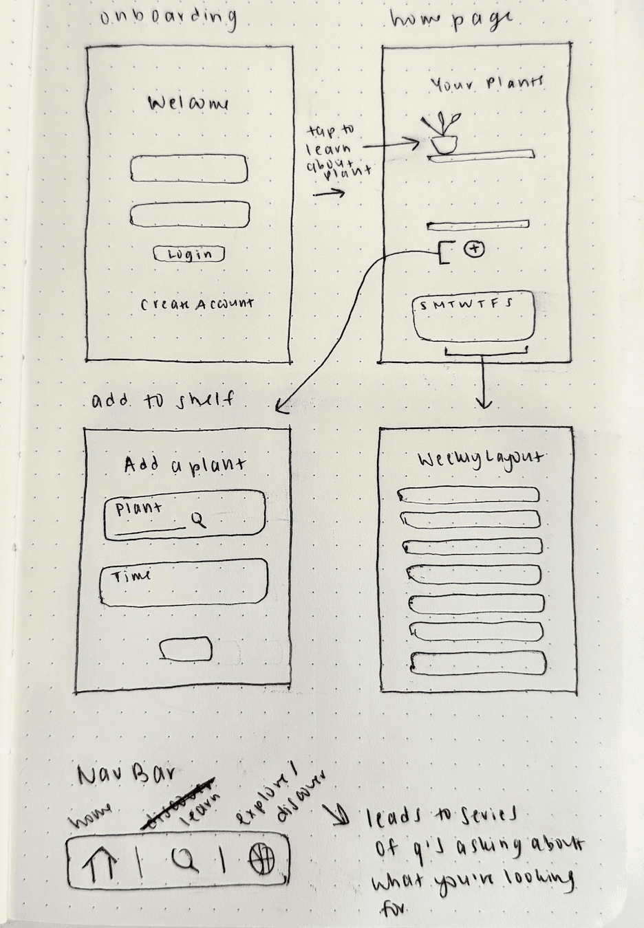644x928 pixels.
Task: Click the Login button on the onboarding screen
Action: [189, 254]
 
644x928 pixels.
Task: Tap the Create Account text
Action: [197, 303]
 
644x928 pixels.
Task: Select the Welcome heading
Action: [189, 104]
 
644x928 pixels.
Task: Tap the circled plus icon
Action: [475, 249]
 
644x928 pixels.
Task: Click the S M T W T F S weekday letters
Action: [466, 305]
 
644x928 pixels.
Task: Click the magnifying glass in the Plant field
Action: [198, 521]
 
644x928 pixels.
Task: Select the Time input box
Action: [184, 582]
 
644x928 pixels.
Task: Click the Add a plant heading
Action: [185, 465]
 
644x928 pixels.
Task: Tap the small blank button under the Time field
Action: [186, 649]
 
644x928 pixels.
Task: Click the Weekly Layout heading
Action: [480, 459]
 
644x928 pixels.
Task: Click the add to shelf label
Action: [162, 400]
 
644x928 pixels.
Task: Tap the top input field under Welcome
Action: [189, 169]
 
